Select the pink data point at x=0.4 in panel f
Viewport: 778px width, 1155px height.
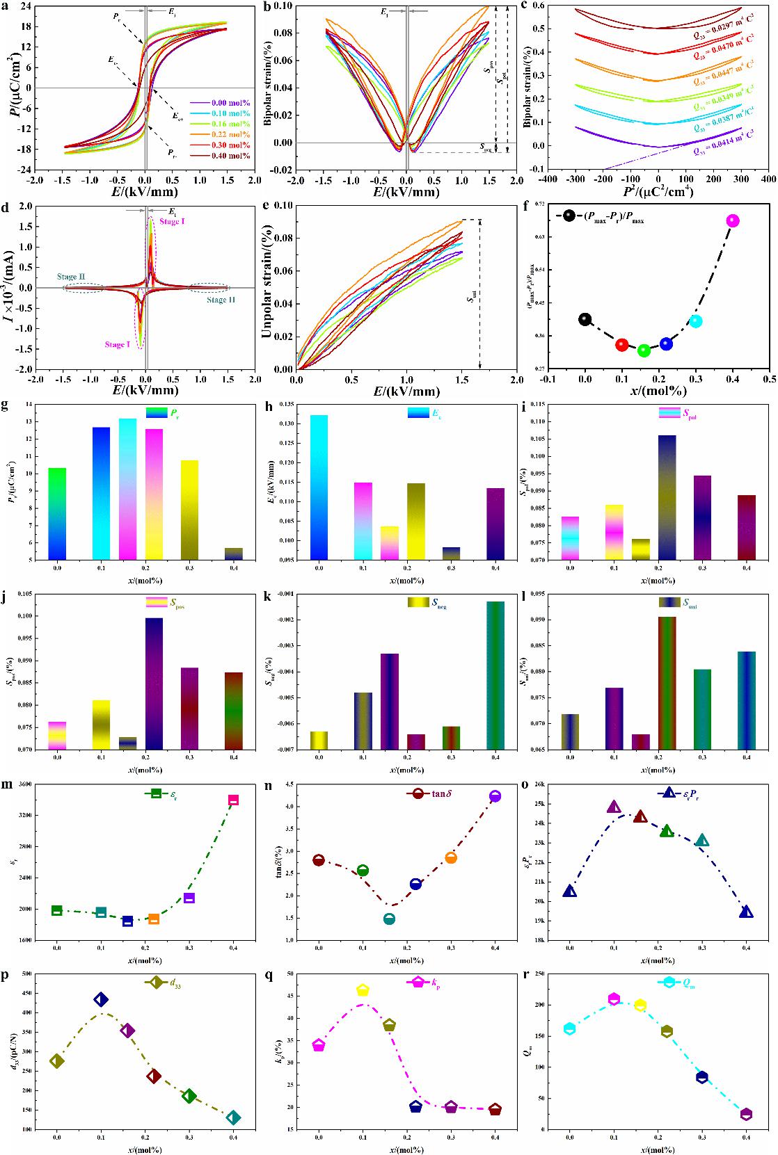pos(732,221)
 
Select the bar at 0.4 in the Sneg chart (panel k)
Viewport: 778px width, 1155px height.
pos(495,675)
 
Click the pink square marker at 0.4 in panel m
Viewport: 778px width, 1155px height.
pos(233,800)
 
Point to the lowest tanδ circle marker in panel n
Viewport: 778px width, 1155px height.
pos(389,919)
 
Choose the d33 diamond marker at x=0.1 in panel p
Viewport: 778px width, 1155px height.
pos(101,1000)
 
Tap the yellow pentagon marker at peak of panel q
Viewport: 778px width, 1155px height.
pos(363,990)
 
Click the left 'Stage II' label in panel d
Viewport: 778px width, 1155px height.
pos(72,277)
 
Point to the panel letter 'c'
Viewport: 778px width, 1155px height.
pos(523,6)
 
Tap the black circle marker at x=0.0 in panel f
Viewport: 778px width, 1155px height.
pos(585,319)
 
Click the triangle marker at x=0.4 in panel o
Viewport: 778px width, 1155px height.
pos(746,912)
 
